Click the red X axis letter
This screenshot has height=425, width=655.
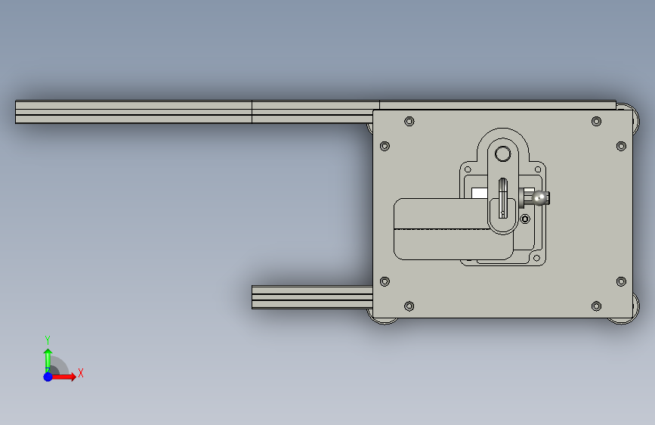coord(81,373)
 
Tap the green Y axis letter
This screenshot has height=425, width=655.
coord(48,340)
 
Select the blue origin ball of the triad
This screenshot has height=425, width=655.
coord(48,377)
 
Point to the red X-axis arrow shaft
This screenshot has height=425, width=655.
coord(61,377)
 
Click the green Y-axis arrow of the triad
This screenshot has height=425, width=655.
coord(48,360)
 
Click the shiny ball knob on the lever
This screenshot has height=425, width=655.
coord(540,198)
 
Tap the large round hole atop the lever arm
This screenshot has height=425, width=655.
coord(503,154)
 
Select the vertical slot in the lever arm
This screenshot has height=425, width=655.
coord(503,198)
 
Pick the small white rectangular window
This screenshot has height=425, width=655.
coord(480,194)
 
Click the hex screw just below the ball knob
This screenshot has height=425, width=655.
coord(525,219)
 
